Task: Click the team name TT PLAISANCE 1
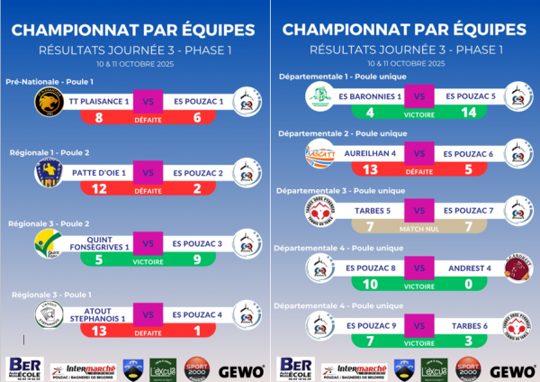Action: click(101, 102)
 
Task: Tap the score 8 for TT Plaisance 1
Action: click(97, 117)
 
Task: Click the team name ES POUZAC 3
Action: click(196, 243)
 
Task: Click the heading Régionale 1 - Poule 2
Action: click(49, 153)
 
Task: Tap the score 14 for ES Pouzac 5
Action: click(467, 113)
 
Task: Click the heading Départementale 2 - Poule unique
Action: click(343, 133)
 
